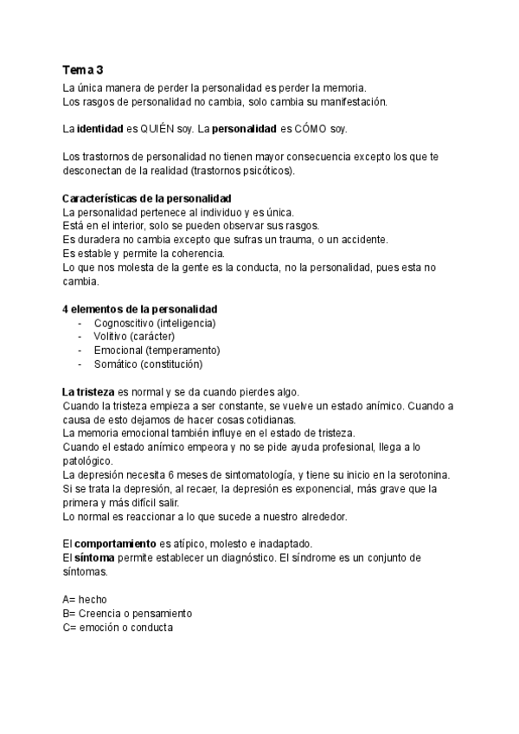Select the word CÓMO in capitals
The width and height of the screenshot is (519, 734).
[x=299, y=129]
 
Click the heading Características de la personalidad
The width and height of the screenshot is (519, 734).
[x=147, y=199]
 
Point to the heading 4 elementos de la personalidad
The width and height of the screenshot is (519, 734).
[x=140, y=309]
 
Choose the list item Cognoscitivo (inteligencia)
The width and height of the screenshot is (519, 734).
[x=155, y=323]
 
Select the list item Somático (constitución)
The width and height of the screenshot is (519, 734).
[x=154, y=364]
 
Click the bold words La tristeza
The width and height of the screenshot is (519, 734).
[x=89, y=392]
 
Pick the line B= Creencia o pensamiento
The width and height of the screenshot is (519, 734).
[x=127, y=613]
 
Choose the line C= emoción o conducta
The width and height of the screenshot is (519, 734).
[x=118, y=627]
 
